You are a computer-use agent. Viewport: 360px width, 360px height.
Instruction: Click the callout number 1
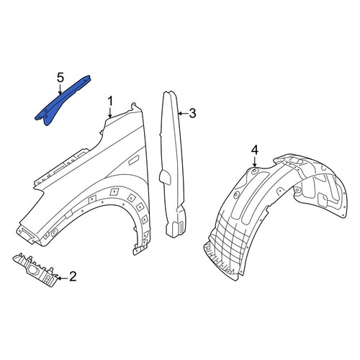(x=110, y=102)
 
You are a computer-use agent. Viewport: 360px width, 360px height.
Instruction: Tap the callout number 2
(x=73, y=276)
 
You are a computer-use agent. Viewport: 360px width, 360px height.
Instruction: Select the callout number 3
(x=192, y=113)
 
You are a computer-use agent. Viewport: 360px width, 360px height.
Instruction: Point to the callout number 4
(x=255, y=150)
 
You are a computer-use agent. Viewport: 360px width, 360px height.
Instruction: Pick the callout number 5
(x=60, y=78)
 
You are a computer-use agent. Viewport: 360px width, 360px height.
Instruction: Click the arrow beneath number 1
(x=110, y=112)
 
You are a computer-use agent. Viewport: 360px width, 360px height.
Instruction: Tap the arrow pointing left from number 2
(x=62, y=278)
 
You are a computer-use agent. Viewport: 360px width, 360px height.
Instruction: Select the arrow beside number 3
(x=183, y=113)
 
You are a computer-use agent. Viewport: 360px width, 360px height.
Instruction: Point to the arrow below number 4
(x=255, y=161)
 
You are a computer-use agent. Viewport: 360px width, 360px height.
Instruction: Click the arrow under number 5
(x=60, y=89)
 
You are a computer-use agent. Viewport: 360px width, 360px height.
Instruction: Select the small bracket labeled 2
(x=36, y=271)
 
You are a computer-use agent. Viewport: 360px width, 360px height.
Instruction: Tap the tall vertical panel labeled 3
(x=173, y=166)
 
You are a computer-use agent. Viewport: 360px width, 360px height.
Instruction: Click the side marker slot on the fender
(x=133, y=160)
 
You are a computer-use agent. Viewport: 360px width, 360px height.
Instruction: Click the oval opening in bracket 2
(x=33, y=271)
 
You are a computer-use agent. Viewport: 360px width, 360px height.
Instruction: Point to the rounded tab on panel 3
(x=165, y=177)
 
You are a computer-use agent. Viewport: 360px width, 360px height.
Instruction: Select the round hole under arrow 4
(x=255, y=171)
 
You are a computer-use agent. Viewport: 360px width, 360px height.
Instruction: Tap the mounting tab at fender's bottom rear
(x=140, y=250)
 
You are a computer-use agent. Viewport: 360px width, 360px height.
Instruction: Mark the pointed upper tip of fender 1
(x=133, y=104)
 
